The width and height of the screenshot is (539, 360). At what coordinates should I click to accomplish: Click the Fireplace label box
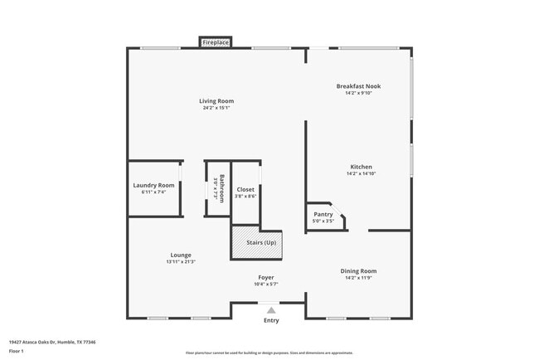(x=216, y=42)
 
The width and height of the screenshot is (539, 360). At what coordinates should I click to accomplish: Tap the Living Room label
(x=216, y=101)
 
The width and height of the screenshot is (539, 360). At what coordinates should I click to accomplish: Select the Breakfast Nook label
(x=359, y=86)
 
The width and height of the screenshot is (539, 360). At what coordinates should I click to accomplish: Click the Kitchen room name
(x=361, y=167)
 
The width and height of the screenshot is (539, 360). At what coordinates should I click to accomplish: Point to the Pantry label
(x=323, y=214)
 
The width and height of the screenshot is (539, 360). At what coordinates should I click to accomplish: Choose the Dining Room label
(x=358, y=270)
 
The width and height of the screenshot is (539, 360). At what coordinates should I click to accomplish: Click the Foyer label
(x=265, y=277)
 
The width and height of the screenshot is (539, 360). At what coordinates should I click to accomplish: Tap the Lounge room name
(x=181, y=255)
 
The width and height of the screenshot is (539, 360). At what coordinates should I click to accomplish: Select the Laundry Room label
(x=154, y=185)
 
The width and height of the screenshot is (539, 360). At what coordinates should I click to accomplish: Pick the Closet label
(x=245, y=189)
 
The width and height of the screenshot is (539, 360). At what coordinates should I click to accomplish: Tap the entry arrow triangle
(x=270, y=310)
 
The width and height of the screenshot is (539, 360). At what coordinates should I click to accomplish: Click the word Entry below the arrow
(x=271, y=320)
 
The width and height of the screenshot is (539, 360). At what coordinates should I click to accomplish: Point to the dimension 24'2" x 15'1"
(x=216, y=108)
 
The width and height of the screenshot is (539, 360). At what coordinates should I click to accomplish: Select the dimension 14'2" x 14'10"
(x=361, y=174)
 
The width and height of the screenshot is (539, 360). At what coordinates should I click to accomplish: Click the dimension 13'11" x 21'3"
(x=181, y=261)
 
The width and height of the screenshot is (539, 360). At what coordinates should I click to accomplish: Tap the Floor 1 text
(x=17, y=351)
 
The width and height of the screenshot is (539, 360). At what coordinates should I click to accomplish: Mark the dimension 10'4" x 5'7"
(x=265, y=284)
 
